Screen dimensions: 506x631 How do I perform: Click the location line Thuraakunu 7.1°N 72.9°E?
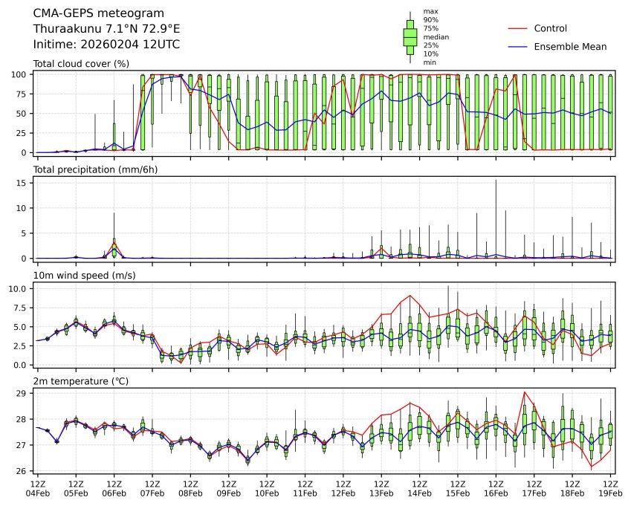[x=106, y=29]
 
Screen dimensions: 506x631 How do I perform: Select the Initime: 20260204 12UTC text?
[x=106, y=45]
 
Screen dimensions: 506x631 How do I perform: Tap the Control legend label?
[x=550, y=29]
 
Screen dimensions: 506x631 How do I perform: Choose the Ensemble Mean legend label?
[x=570, y=47]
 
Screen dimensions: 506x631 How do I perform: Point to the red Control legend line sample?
[x=518, y=29]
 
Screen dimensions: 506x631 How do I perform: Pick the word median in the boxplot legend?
[x=436, y=36]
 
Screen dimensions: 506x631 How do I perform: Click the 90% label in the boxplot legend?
[x=430, y=20]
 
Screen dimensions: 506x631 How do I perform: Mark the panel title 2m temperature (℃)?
[x=81, y=381]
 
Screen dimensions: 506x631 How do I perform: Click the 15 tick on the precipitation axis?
[x=22, y=183]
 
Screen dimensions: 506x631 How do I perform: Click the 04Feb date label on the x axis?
[x=37, y=493]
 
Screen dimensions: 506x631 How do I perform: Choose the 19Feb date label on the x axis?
[x=611, y=493]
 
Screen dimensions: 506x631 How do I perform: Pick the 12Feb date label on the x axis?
[x=343, y=493]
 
